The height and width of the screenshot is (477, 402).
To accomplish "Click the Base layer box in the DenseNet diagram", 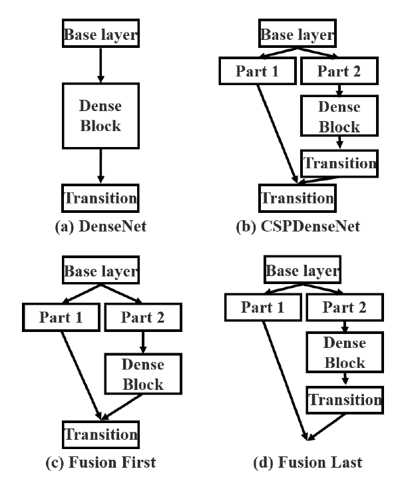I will pos(99,34).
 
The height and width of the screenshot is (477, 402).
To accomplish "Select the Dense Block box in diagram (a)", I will pos(99,115).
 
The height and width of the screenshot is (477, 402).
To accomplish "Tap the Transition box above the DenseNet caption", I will pos(99,198).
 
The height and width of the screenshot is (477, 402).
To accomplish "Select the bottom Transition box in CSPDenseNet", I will pos(297,198).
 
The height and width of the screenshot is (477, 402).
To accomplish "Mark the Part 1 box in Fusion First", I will pos(60,317).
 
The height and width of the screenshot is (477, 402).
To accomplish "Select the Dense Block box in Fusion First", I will pos(143,374).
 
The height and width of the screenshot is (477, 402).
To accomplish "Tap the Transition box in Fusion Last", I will pos(344,400).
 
